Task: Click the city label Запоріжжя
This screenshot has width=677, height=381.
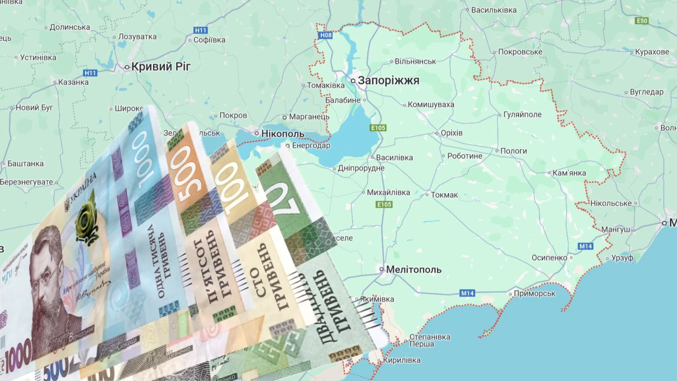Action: click(388, 80)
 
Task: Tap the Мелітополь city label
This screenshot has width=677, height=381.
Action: click(414, 270)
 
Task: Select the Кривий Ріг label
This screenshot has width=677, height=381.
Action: click(161, 66)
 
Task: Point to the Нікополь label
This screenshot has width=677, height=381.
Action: click(282, 134)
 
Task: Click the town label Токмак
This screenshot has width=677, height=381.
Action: click(444, 195)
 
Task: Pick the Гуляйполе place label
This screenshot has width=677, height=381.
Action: click(522, 114)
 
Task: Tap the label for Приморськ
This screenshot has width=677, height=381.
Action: click(535, 294)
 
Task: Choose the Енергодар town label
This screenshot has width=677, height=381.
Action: click(311, 145)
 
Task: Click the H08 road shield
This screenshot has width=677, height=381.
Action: click(325, 35)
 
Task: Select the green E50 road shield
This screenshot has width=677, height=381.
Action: click(642, 21)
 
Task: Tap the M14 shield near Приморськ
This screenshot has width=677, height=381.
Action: click(468, 293)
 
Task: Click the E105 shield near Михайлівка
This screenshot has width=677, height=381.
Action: click(384, 204)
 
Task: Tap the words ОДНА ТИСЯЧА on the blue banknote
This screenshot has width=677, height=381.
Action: click(155, 261)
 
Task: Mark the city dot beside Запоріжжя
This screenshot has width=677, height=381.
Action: click(353, 81)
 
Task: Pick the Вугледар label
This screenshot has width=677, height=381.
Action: click(646, 92)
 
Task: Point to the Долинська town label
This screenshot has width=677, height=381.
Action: click(69, 27)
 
